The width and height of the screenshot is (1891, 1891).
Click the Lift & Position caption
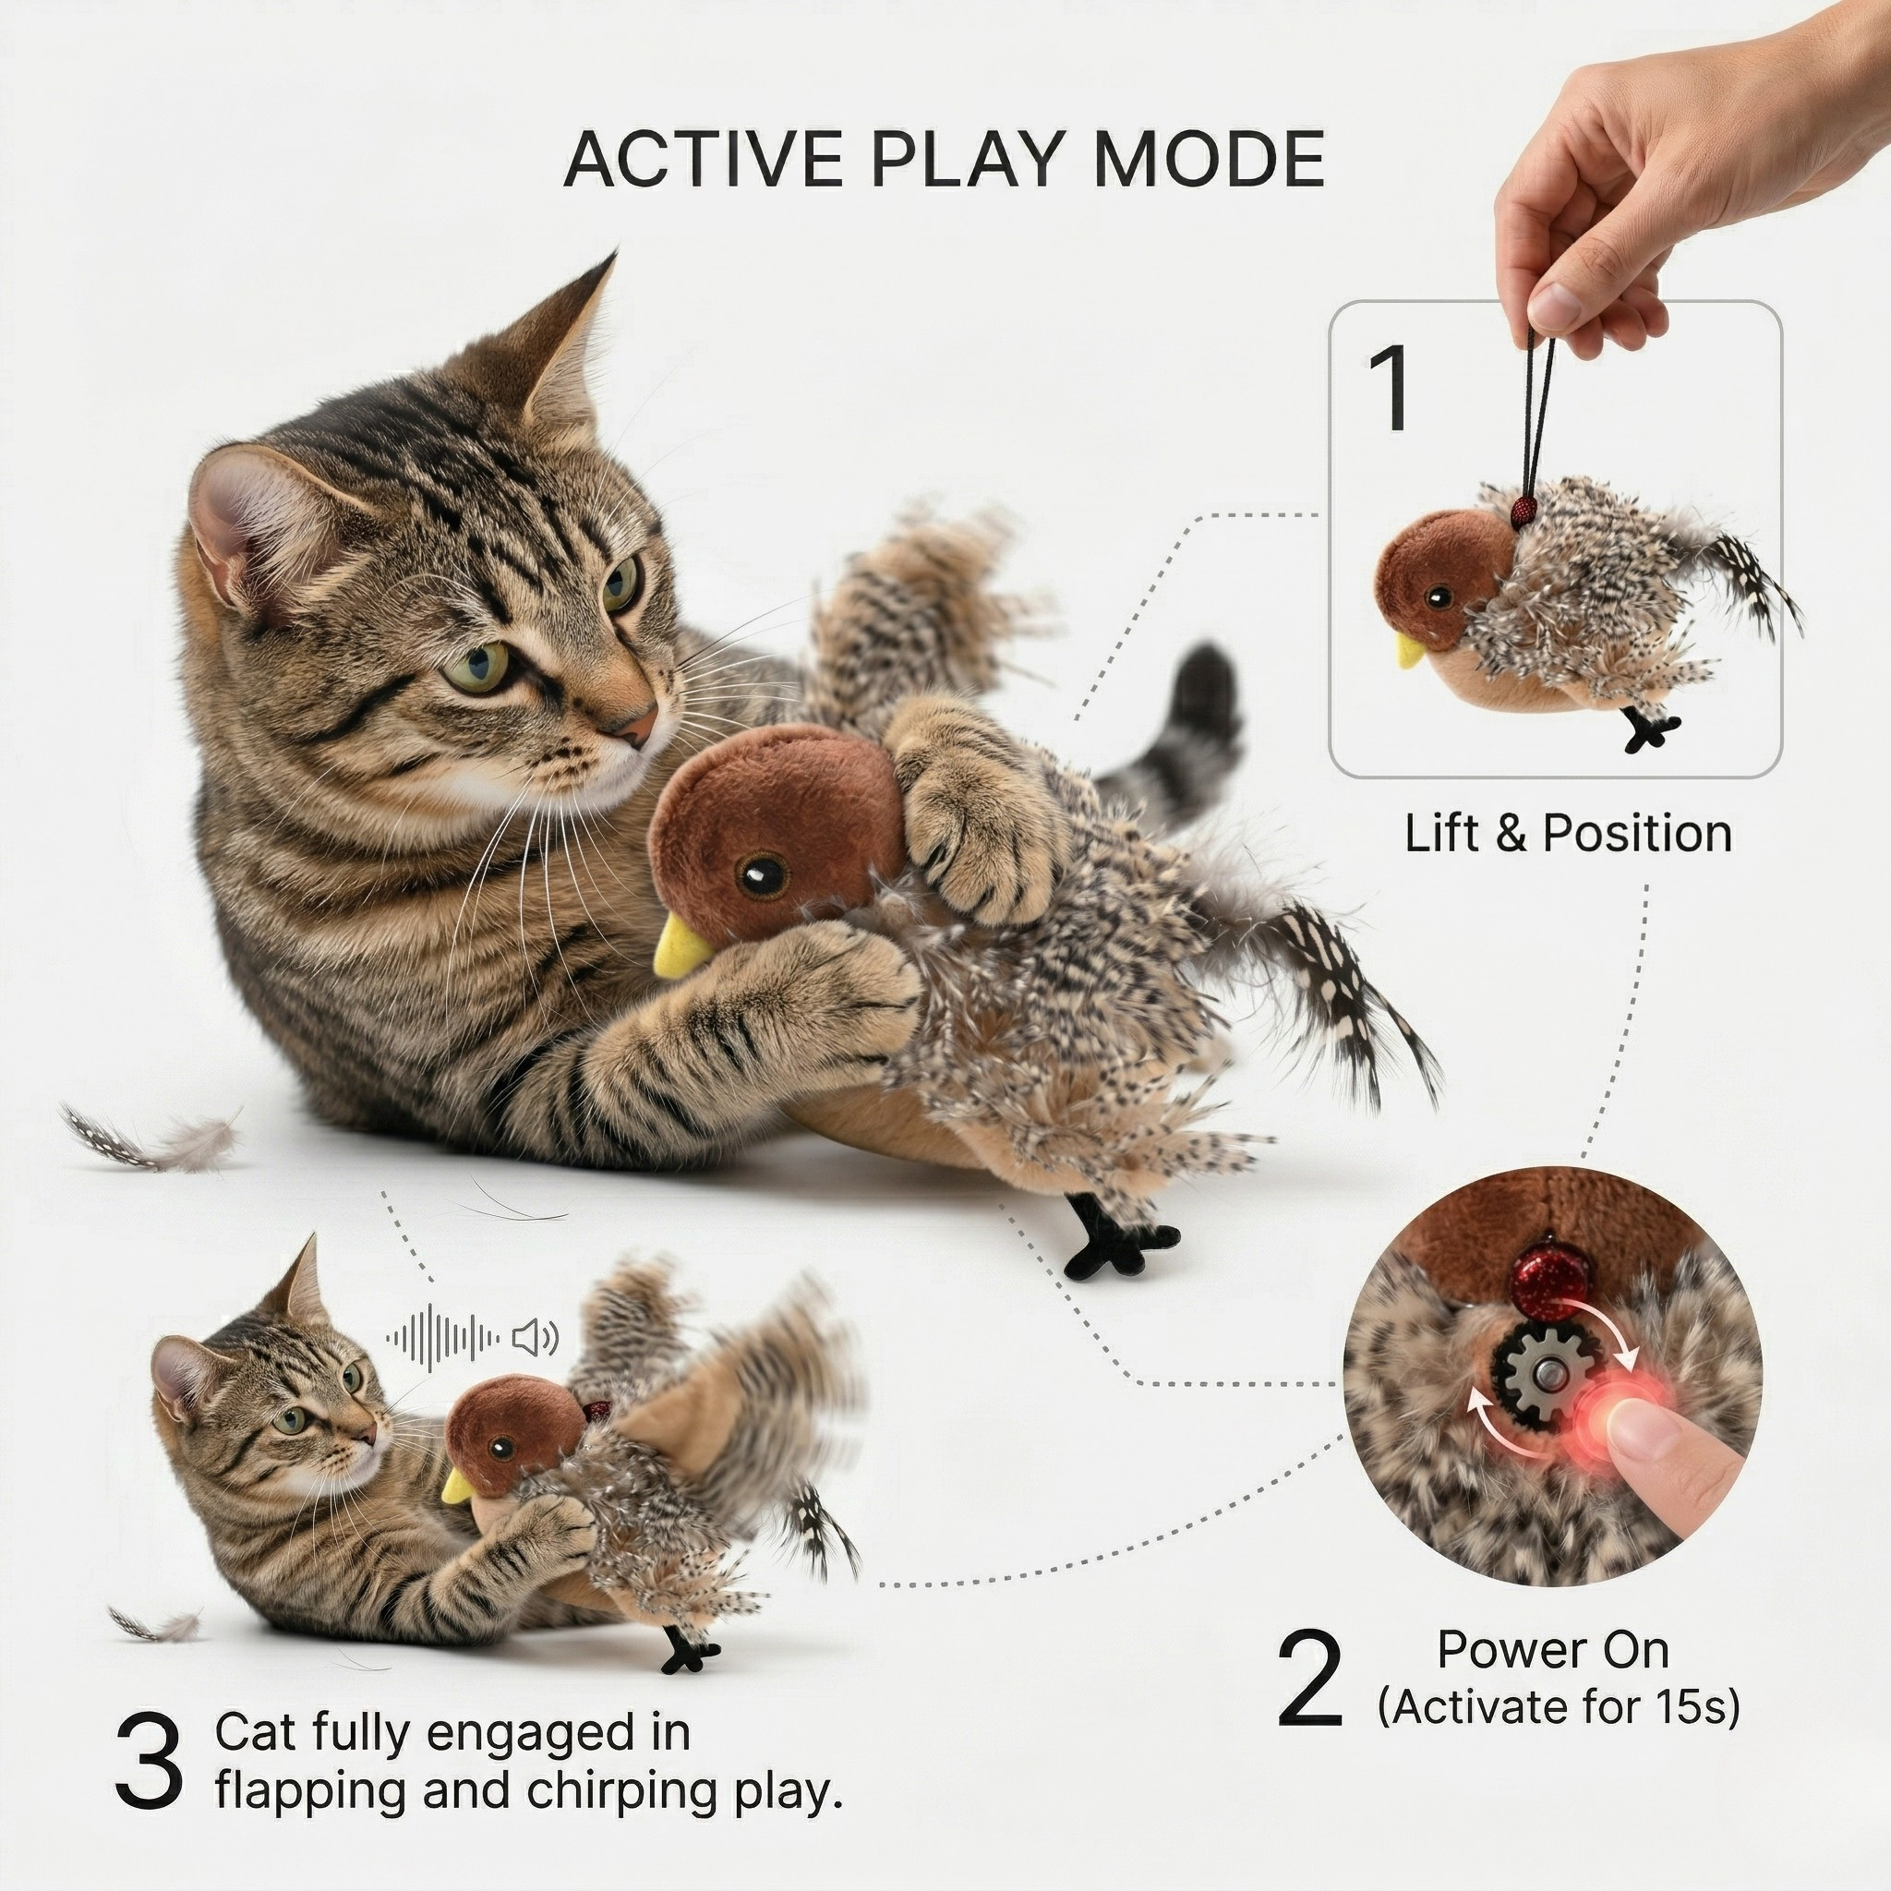(1568, 834)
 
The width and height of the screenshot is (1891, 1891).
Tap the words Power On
(1552, 1650)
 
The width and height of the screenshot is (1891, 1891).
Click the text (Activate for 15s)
(1559, 1708)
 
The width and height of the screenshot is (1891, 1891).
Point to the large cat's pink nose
(638, 727)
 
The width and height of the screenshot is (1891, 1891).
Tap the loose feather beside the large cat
(157, 1140)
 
